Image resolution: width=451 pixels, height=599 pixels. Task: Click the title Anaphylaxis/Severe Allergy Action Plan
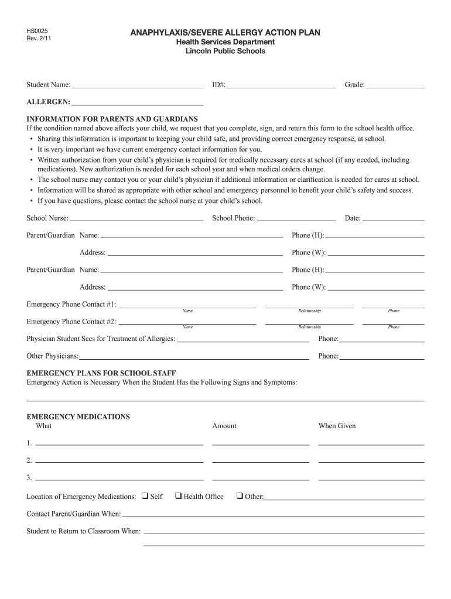(x=225, y=33)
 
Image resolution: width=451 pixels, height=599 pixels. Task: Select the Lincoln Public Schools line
(x=225, y=51)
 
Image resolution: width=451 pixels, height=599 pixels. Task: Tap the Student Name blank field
(x=137, y=85)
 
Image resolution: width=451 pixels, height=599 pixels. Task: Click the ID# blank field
(x=281, y=85)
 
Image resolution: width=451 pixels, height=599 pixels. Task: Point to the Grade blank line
(x=395, y=85)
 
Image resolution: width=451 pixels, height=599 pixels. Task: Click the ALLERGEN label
(x=48, y=102)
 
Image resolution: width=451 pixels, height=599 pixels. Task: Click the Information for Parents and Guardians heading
(x=112, y=119)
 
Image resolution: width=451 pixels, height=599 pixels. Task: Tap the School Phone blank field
(x=296, y=219)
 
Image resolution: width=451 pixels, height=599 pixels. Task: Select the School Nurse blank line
(x=136, y=219)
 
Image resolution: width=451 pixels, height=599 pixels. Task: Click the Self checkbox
(x=145, y=496)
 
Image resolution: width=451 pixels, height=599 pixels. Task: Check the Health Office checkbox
(x=178, y=496)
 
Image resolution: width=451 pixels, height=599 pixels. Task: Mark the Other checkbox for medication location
(x=240, y=496)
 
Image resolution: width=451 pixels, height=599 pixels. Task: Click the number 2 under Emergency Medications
(x=29, y=460)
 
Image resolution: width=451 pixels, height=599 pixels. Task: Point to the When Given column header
(x=337, y=426)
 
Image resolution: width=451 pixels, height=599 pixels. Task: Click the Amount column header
(x=224, y=426)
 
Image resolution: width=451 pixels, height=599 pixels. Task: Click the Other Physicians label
(x=53, y=356)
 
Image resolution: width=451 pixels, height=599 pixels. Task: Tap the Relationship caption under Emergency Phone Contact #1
(x=309, y=311)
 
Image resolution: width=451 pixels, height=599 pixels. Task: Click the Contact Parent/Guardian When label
(x=74, y=514)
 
